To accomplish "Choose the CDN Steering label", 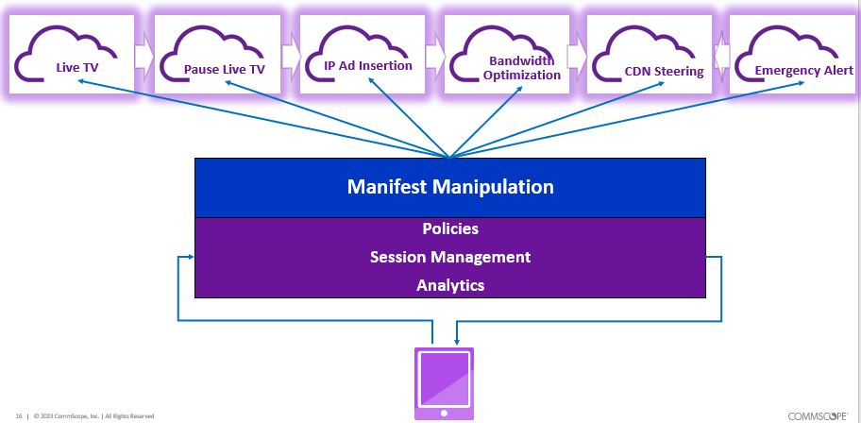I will pos(664,71).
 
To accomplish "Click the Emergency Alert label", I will pos(803,70).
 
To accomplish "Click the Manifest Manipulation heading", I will pos(449,187).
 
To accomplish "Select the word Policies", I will pos(449,229).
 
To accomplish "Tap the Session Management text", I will pos(449,257).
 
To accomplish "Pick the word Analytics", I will pos(449,284).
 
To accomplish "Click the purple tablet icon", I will pos(444,382).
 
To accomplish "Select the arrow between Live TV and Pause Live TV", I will pos(144,57).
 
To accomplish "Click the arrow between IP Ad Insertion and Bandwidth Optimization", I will pos(434,57).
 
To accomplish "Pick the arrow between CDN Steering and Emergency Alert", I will pos(722,57).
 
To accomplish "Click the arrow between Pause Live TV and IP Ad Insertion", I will pos(290,57).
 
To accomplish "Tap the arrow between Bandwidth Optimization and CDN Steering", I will pos(578,57).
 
